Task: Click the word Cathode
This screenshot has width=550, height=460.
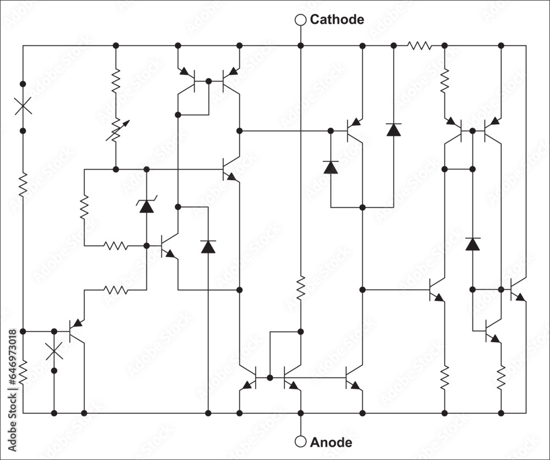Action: tap(337, 20)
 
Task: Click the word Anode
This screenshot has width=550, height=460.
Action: tap(331, 442)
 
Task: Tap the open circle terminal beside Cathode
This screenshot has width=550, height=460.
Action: tap(300, 20)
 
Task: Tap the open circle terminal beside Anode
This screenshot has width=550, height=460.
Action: tap(300, 442)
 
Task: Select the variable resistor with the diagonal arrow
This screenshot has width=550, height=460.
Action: tap(116, 129)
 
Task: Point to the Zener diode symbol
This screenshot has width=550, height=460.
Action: tap(146, 206)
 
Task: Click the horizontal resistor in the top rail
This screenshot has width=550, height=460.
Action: tap(419, 46)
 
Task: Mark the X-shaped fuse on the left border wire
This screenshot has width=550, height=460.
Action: tap(23, 106)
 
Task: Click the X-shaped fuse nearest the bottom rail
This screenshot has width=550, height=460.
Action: tap(54, 350)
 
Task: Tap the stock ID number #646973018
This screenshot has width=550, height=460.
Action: tap(12, 366)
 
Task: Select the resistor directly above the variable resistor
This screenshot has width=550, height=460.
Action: tap(116, 80)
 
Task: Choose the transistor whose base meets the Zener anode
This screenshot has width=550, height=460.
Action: tap(168, 246)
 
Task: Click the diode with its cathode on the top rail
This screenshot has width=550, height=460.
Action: tap(393, 129)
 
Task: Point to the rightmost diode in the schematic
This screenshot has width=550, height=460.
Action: tap(472, 243)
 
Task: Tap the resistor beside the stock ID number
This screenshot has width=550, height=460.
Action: tap(23, 373)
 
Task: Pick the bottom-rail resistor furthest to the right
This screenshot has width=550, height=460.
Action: tap(501, 377)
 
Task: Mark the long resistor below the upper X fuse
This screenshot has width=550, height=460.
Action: tap(23, 184)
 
